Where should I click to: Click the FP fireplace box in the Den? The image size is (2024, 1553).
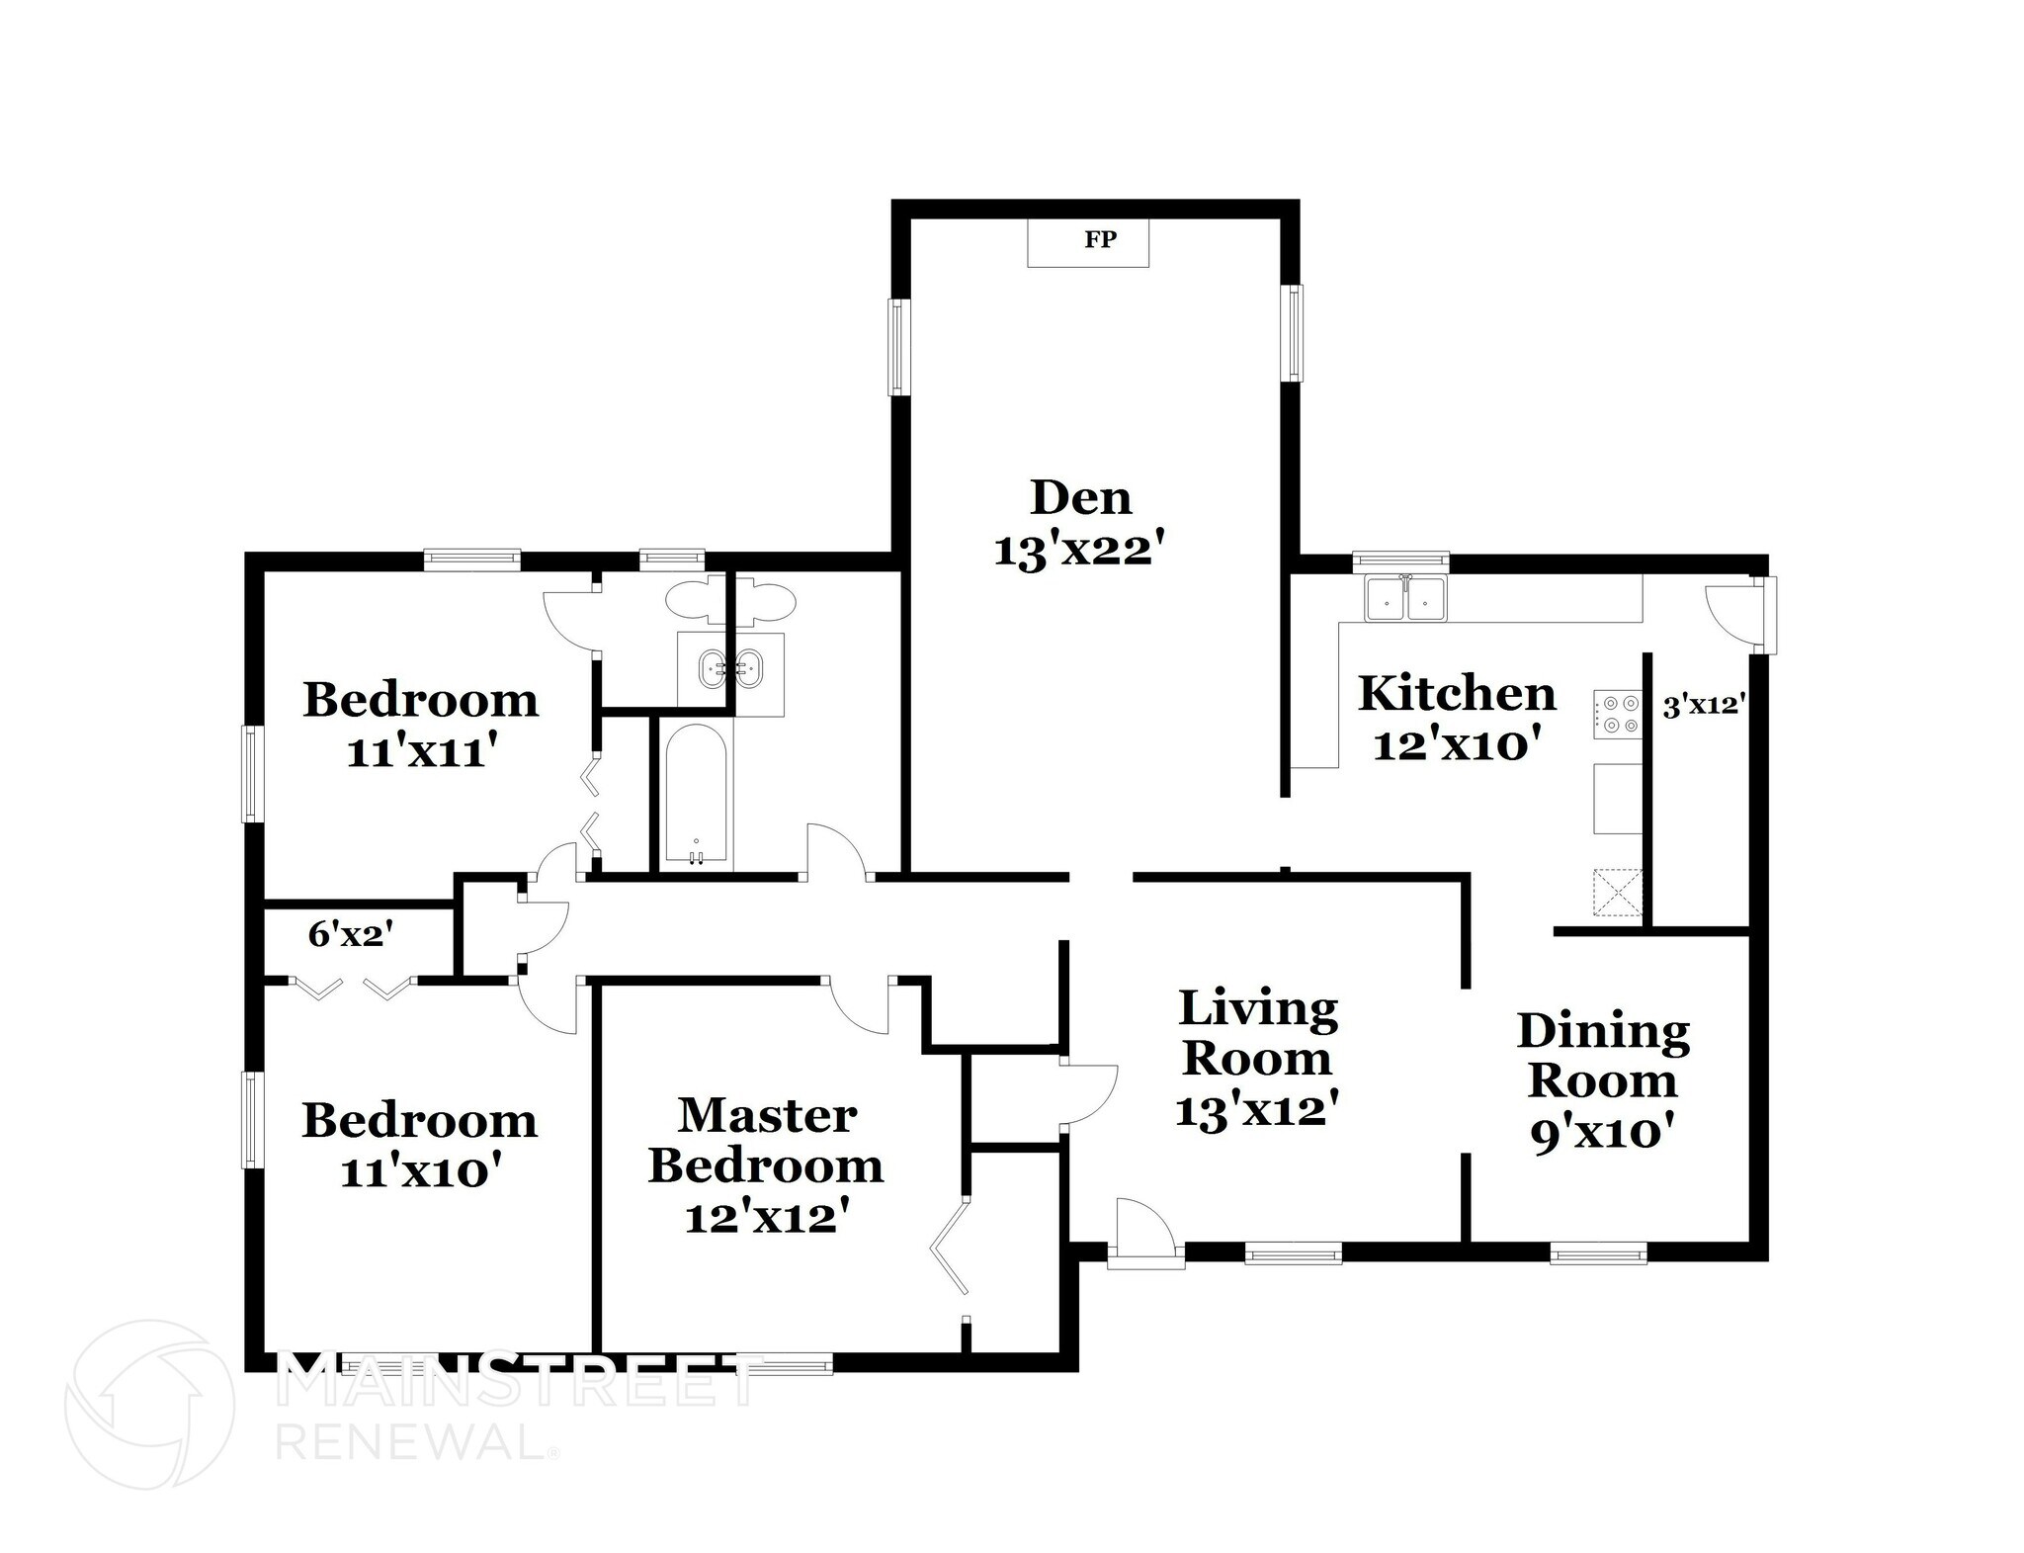pyautogui.click(x=1088, y=242)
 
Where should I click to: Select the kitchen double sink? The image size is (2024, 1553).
pyautogui.click(x=1404, y=599)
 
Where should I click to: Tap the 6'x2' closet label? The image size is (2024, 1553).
pyautogui.click(x=351, y=933)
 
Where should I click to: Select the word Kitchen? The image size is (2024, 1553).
pyautogui.click(x=1457, y=694)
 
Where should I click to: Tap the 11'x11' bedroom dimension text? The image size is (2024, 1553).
pyautogui.click(x=419, y=752)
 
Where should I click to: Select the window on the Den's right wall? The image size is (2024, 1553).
pyautogui.click(x=1292, y=332)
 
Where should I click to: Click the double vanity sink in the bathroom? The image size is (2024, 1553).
pyautogui.click(x=730, y=669)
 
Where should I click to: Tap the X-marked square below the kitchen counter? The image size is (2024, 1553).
pyautogui.click(x=1617, y=892)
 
